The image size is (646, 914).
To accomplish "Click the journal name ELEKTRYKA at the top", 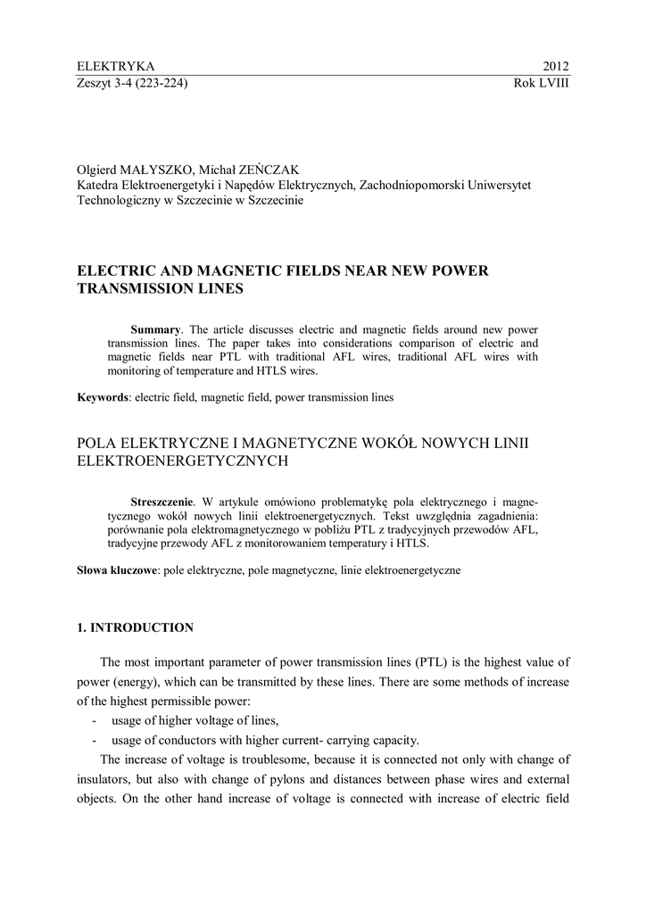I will pos(116,66).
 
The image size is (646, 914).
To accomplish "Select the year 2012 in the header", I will pos(555,66).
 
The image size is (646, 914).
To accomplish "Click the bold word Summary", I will pos(155,329).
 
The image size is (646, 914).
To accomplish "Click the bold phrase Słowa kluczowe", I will pos(116,569).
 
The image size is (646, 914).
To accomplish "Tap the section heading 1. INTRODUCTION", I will pos(135,627).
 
